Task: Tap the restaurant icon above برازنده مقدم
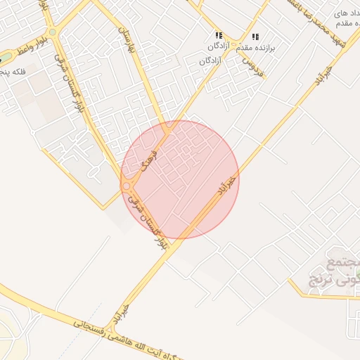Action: pos(255,37)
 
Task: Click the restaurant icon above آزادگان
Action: pos(219,35)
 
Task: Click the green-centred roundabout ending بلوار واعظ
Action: pos(53,32)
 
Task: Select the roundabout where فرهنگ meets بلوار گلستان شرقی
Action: pos(127,186)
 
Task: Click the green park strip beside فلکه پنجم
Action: pos(6,56)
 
